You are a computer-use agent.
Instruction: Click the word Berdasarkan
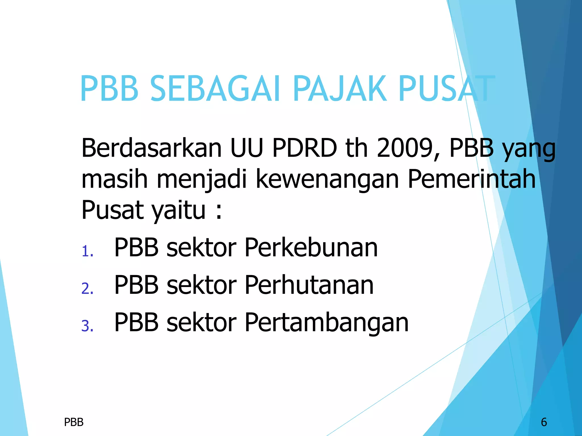point(151,148)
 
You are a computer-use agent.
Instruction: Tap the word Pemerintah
point(472,179)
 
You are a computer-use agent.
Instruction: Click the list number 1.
point(87,251)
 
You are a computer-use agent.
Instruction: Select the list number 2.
point(87,289)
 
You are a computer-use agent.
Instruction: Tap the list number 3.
point(87,326)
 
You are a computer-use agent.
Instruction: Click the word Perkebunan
point(311,248)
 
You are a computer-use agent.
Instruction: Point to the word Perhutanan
point(309,285)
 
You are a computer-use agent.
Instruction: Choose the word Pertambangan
point(327,323)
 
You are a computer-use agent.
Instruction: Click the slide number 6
point(544,422)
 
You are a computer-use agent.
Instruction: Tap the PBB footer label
point(74,422)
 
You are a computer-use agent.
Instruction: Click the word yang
point(529,149)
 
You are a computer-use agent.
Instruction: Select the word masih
point(115,179)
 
